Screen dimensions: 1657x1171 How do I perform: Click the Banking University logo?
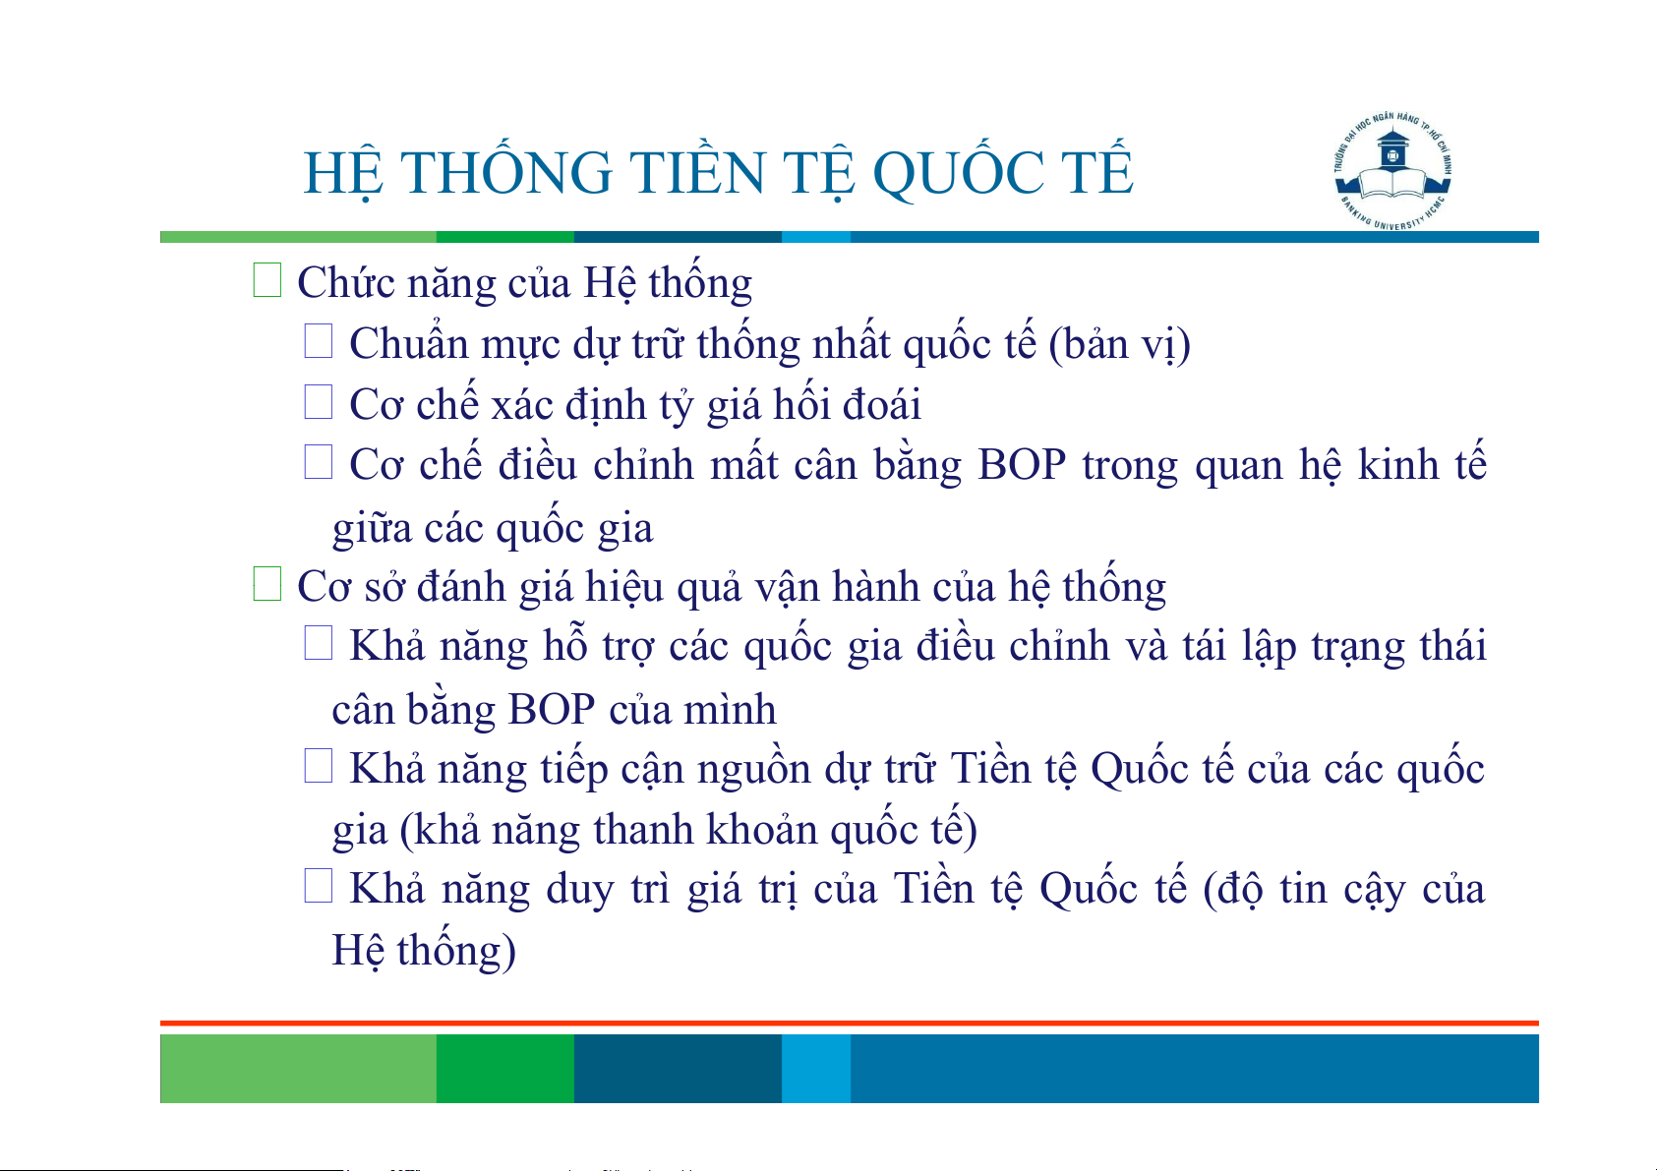(1392, 171)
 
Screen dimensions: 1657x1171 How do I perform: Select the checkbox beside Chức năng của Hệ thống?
(266, 279)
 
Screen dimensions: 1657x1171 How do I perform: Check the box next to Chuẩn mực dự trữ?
(318, 341)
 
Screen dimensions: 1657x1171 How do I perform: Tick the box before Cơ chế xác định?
(318, 402)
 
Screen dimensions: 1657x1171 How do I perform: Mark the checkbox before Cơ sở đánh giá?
(266, 584)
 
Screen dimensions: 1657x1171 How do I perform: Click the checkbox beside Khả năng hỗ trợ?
(318, 643)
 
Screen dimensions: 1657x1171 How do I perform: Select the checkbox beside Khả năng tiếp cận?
(318, 766)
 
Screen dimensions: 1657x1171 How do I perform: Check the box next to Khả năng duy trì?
(318, 886)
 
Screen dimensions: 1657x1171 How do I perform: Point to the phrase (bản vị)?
(1119, 345)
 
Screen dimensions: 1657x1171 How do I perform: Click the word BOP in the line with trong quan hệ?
(1021, 465)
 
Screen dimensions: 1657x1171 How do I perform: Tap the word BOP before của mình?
(551, 710)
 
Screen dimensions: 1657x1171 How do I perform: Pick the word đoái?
(882, 405)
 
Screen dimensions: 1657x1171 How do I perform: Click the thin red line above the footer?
(850, 1024)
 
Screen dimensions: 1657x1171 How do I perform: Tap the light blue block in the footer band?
(816, 1068)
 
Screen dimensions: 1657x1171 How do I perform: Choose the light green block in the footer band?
(298, 1068)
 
